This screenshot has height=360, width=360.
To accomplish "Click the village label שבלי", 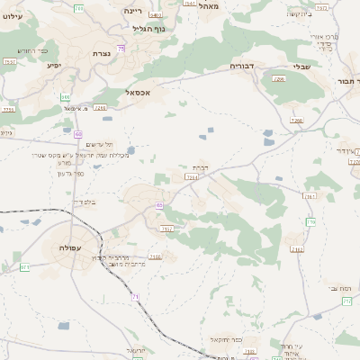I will pyautogui.click(x=302, y=66).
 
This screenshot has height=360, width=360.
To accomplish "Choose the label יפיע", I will pyautogui.click(x=54, y=66).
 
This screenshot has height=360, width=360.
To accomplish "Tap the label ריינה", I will pyautogui.click(x=134, y=10).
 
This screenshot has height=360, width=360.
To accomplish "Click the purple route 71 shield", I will pyautogui.click(x=135, y=296).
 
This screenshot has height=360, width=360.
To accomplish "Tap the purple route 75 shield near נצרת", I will pyautogui.click(x=121, y=48).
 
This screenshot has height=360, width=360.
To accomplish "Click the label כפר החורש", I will pyautogui.click(x=31, y=50).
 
